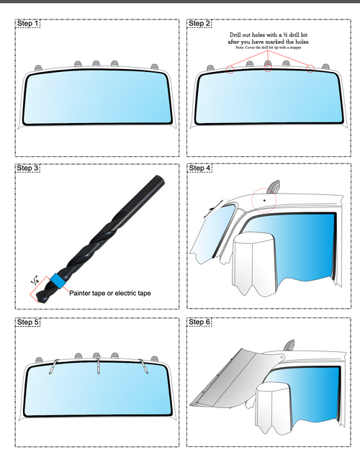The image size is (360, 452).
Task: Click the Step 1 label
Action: [x=27, y=23]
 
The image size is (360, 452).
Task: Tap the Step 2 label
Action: [x=199, y=23]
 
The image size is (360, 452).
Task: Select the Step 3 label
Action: [x=27, y=168]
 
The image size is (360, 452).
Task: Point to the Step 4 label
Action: [x=199, y=168]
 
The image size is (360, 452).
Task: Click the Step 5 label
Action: [x=27, y=322]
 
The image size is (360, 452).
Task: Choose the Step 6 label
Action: [x=199, y=322]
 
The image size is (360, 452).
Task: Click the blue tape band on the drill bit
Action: [x=58, y=281]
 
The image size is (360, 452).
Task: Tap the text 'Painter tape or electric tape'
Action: [x=110, y=293]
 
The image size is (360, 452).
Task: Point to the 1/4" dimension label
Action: [x=35, y=280]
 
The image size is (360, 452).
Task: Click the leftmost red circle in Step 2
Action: [x=230, y=70]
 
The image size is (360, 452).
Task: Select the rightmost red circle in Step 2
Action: [x=310, y=69]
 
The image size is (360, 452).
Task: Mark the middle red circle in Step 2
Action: [x=268, y=68]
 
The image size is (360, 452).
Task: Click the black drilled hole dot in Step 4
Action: [x=264, y=200]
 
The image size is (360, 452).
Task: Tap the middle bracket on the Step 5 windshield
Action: [x=98, y=366]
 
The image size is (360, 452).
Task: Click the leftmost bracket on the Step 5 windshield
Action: [x=54, y=366]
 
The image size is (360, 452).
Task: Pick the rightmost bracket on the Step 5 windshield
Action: [x=144, y=366]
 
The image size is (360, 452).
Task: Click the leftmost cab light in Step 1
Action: [x=38, y=68]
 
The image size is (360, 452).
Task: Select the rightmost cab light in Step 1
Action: [x=155, y=67]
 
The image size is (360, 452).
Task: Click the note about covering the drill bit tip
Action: [x=269, y=48]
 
